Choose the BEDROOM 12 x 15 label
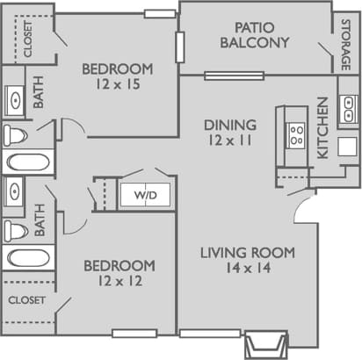(x=117, y=77)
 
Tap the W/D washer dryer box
(x=144, y=194)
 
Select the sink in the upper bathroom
(x=15, y=98)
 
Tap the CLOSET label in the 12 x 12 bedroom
(x=26, y=299)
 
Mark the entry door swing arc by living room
(x=303, y=209)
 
